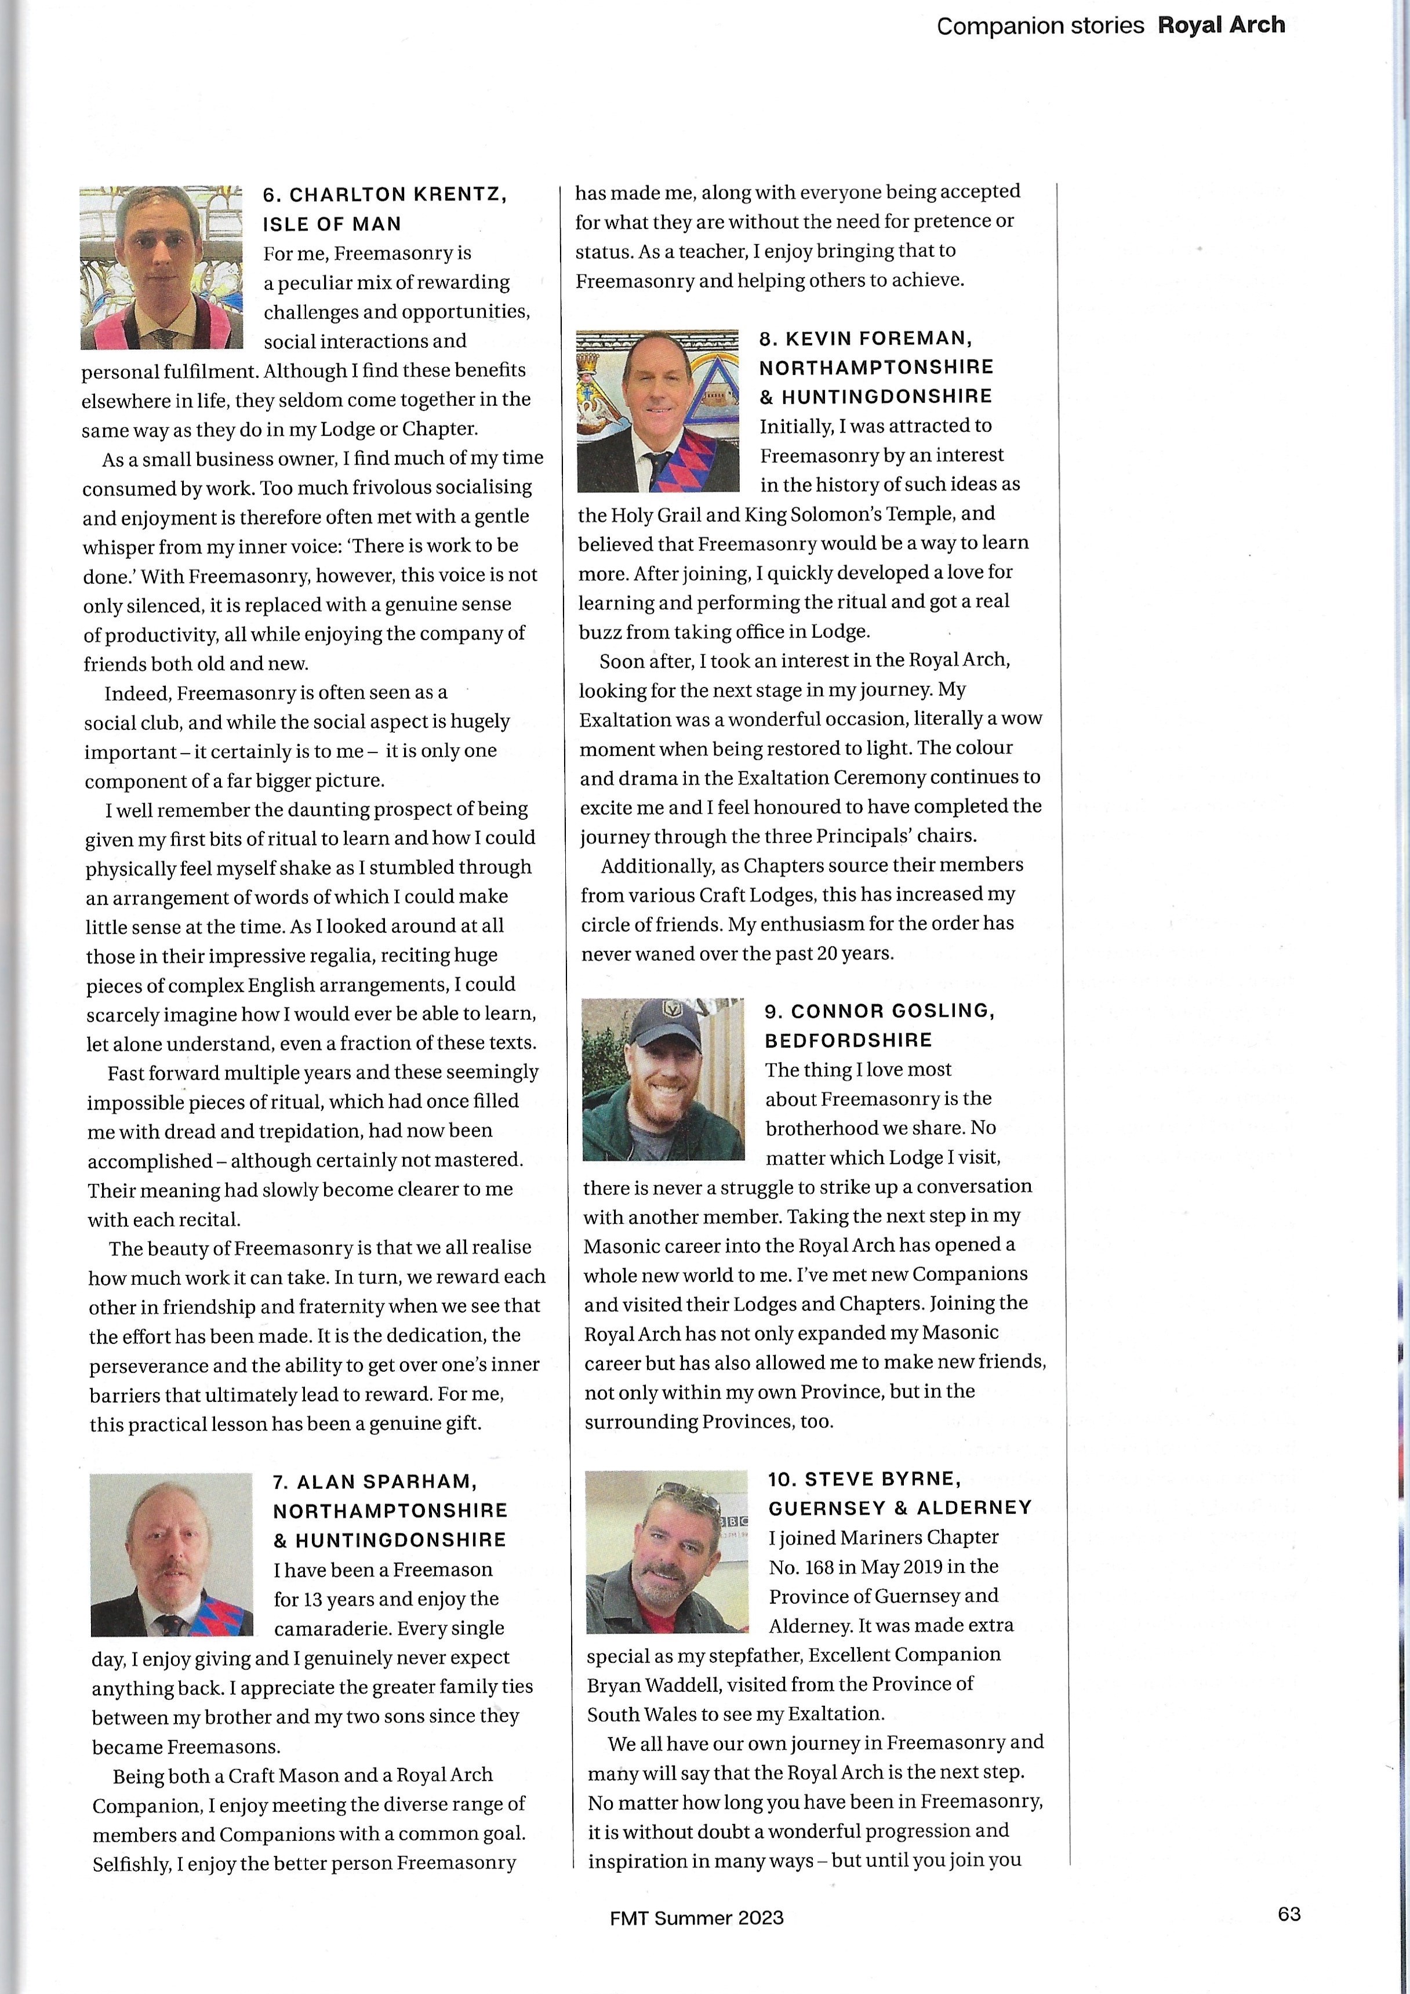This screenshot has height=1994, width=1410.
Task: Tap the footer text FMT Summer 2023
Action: tap(696, 1917)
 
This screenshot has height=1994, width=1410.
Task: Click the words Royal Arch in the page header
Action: tap(1221, 25)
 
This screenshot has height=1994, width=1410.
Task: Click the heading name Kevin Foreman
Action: tap(878, 338)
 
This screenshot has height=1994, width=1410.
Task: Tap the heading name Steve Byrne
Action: tap(882, 1479)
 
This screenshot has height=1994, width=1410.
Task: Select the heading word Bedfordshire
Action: tap(848, 1040)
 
